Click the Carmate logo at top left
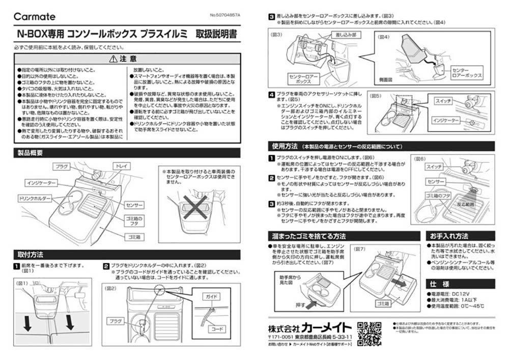point(34,17)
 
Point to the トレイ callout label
point(121,166)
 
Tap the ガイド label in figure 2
point(212,296)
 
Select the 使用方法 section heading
point(284,146)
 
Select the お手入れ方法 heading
point(449,236)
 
